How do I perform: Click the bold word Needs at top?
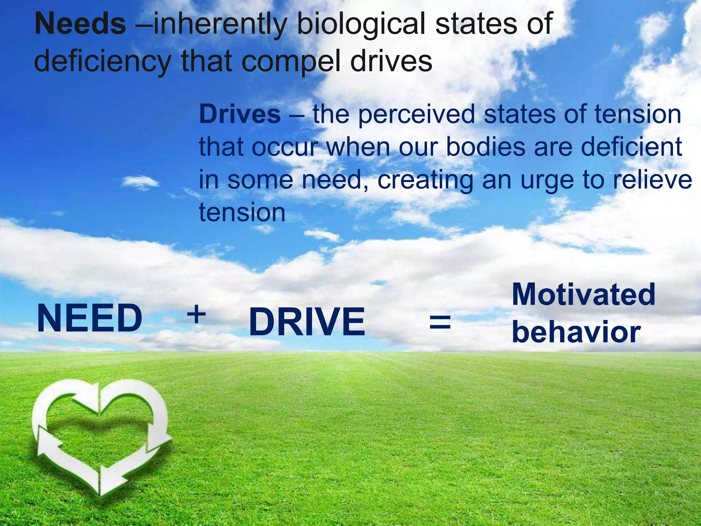80,24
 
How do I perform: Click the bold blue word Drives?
240,114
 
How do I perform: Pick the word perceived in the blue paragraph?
416,115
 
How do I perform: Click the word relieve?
652,179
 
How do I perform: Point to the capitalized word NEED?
90,318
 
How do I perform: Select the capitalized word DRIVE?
307,322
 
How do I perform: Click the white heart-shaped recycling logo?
101,435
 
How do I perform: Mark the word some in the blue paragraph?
260,180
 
